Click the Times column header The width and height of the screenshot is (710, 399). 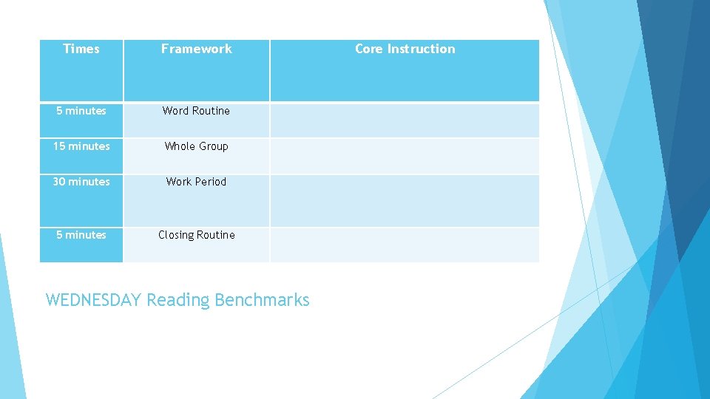coord(81,49)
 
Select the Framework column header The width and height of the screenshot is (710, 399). coord(196,49)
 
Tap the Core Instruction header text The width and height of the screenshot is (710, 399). coord(405,49)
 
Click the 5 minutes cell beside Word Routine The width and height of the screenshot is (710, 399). coord(81,111)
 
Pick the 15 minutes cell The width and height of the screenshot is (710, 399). coord(81,146)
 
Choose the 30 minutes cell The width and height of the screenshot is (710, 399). coord(81,182)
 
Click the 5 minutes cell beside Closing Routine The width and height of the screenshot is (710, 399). coord(81,235)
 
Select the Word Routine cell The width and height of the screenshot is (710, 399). coord(196,111)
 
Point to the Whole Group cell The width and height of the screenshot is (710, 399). coord(196,146)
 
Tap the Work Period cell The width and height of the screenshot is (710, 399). coord(196,182)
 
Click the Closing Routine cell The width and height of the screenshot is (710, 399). coord(196,235)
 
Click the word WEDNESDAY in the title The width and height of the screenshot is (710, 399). coord(93,300)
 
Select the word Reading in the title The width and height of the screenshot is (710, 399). coord(177,300)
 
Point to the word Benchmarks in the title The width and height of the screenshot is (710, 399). coord(262,300)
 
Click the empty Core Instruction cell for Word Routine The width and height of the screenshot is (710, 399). coord(405,120)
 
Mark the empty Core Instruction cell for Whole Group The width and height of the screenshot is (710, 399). coord(405,156)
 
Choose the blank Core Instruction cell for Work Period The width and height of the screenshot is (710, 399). coord(405,200)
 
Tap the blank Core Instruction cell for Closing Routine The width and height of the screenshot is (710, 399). coord(405,245)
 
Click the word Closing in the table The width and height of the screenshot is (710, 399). coord(176,235)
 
